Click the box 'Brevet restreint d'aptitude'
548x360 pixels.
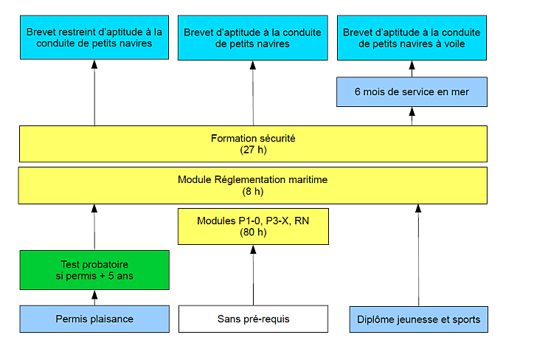(94, 38)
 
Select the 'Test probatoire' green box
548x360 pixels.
(94, 270)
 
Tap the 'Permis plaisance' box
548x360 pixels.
(94, 319)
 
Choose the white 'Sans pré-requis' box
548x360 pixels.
(253, 319)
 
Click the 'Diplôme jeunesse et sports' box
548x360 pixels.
(419, 319)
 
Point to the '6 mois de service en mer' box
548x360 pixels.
(412, 92)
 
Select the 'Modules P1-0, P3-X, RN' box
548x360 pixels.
(253, 226)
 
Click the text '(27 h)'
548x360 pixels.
(254, 150)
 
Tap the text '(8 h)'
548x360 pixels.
(253, 192)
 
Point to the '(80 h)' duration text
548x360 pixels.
(253, 232)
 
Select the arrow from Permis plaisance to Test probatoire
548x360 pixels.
(94, 298)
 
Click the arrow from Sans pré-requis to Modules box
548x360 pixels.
(253, 275)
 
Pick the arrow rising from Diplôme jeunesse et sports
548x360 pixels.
(418, 255)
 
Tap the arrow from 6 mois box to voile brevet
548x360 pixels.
(412, 69)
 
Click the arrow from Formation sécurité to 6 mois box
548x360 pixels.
(412, 117)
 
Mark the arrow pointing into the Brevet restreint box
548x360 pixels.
(94, 93)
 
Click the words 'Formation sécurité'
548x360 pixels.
(253, 139)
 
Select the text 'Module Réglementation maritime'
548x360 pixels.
(253, 180)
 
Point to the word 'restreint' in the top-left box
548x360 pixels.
(74, 32)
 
